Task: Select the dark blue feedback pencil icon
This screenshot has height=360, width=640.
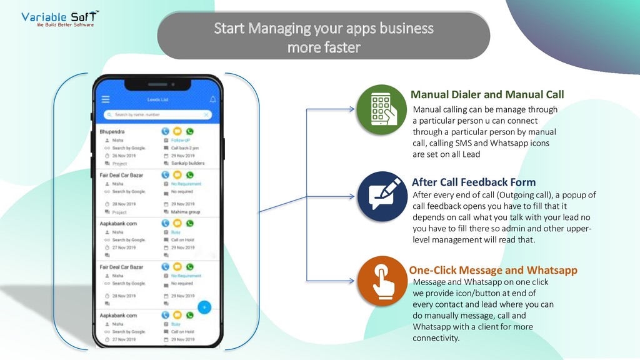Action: point(382,196)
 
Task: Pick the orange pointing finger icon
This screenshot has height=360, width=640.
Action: point(382,282)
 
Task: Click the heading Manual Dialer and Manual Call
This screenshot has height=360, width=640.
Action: point(487,95)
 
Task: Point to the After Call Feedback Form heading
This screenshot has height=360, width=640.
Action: point(474,182)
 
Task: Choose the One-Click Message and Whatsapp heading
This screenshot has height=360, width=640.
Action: point(493,271)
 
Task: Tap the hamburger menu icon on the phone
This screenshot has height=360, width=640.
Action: point(106,99)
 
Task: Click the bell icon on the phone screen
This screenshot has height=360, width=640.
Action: point(212,99)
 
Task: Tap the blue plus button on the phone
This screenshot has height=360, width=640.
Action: point(204,307)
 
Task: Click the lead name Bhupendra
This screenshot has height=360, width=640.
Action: point(112,132)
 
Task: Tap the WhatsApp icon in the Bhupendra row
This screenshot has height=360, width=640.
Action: point(190,132)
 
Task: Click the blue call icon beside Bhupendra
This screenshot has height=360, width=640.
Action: point(165,132)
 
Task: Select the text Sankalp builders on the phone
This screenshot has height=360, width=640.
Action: point(187,163)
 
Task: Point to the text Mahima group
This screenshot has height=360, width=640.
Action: point(186,212)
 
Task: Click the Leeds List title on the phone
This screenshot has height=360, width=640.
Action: point(157,99)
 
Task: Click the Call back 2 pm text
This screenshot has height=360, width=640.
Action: point(185,148)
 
